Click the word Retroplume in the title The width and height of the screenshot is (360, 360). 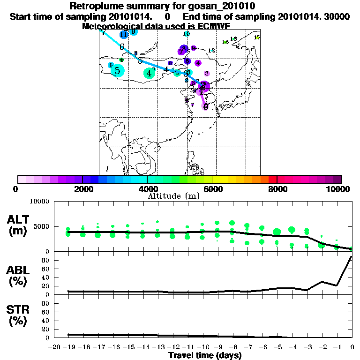(x=93, y=6)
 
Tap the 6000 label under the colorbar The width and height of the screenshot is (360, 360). (x=212, y=189)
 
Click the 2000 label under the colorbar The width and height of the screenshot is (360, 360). (x=82, y=189)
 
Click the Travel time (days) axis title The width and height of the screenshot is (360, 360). (x=205, y=355)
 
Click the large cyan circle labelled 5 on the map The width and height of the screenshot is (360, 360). (x=118, y=71)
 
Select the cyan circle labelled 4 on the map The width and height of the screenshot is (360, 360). (x=149, y=73)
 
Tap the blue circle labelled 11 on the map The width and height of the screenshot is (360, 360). (x=124, y=35)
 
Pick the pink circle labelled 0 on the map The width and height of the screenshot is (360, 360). (x=205, y=106)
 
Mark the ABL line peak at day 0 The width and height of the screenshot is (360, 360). (x=352, y=257)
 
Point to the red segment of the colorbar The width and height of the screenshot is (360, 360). (x=272, y=179)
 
